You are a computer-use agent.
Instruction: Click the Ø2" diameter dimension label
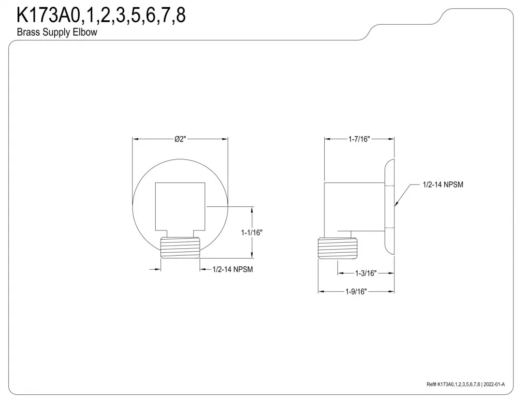180,139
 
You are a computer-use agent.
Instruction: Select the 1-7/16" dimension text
359,139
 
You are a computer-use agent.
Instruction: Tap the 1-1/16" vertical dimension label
252,232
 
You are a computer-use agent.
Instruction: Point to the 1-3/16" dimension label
365,273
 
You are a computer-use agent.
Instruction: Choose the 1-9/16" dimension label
356,291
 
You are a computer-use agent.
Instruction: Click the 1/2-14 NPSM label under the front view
232,269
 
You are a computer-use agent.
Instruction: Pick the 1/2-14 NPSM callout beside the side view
443,185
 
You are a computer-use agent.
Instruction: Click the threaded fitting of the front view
180,247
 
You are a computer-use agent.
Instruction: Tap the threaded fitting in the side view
337,248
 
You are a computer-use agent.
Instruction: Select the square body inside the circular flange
180,207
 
